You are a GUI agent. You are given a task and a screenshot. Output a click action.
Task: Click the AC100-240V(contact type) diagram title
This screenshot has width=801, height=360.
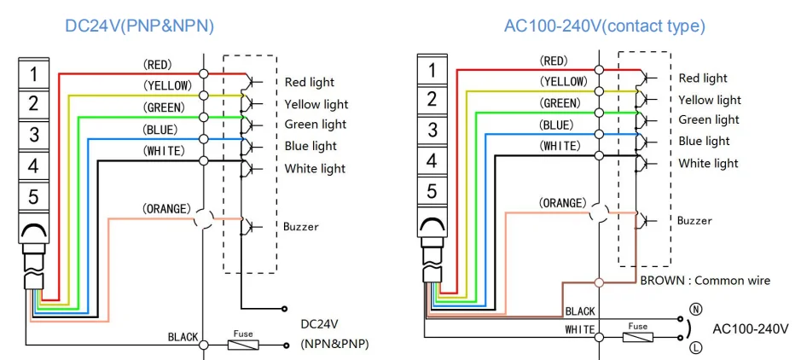point(605,26)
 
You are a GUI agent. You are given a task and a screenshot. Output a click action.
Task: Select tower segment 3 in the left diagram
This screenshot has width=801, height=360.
point(33,135)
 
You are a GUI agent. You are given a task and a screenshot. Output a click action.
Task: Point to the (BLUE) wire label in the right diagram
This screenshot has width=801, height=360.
point(562,125)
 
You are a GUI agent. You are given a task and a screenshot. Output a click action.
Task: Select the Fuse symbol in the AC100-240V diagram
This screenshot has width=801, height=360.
point(637,336)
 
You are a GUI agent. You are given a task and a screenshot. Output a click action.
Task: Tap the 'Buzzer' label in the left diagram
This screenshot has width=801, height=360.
point(301,227)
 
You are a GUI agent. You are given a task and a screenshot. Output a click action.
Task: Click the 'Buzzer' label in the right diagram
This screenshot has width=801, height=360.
point(694,221)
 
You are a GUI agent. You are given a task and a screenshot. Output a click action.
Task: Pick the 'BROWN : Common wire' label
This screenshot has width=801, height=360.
point(705,280)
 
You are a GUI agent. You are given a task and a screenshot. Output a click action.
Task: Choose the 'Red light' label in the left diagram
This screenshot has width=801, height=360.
point(310,83)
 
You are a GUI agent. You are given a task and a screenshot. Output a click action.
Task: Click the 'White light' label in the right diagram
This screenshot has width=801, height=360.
point(708,163)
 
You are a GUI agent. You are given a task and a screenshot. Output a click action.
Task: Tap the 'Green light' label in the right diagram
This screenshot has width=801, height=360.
point(709,119)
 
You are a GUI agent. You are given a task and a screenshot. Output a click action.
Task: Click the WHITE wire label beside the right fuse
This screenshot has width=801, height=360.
point(579,329)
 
